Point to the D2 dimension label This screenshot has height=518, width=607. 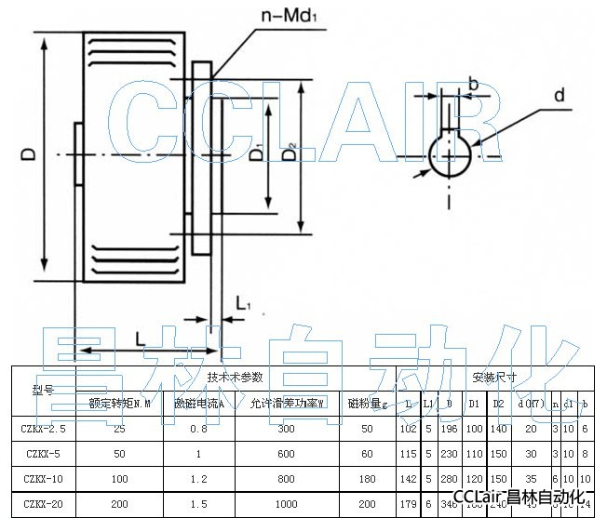[x=291, y=150]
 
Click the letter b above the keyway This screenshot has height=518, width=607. [x=472, y=86]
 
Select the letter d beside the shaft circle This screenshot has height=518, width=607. [x=559, y=95]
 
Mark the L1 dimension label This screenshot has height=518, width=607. [x=243, y=303]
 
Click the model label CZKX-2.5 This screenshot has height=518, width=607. [x=42, y=429]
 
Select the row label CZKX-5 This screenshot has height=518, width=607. [x=42, y=454]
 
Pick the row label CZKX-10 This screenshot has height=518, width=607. [x=42, y=478]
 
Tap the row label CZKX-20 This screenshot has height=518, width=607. [x=42, y=503]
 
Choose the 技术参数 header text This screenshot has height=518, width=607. [x=236, y=378]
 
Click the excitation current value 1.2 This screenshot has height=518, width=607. [x=198, y=478]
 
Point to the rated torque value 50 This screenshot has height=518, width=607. [x=119, y=454]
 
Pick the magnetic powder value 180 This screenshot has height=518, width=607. [x=366, y=478]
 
